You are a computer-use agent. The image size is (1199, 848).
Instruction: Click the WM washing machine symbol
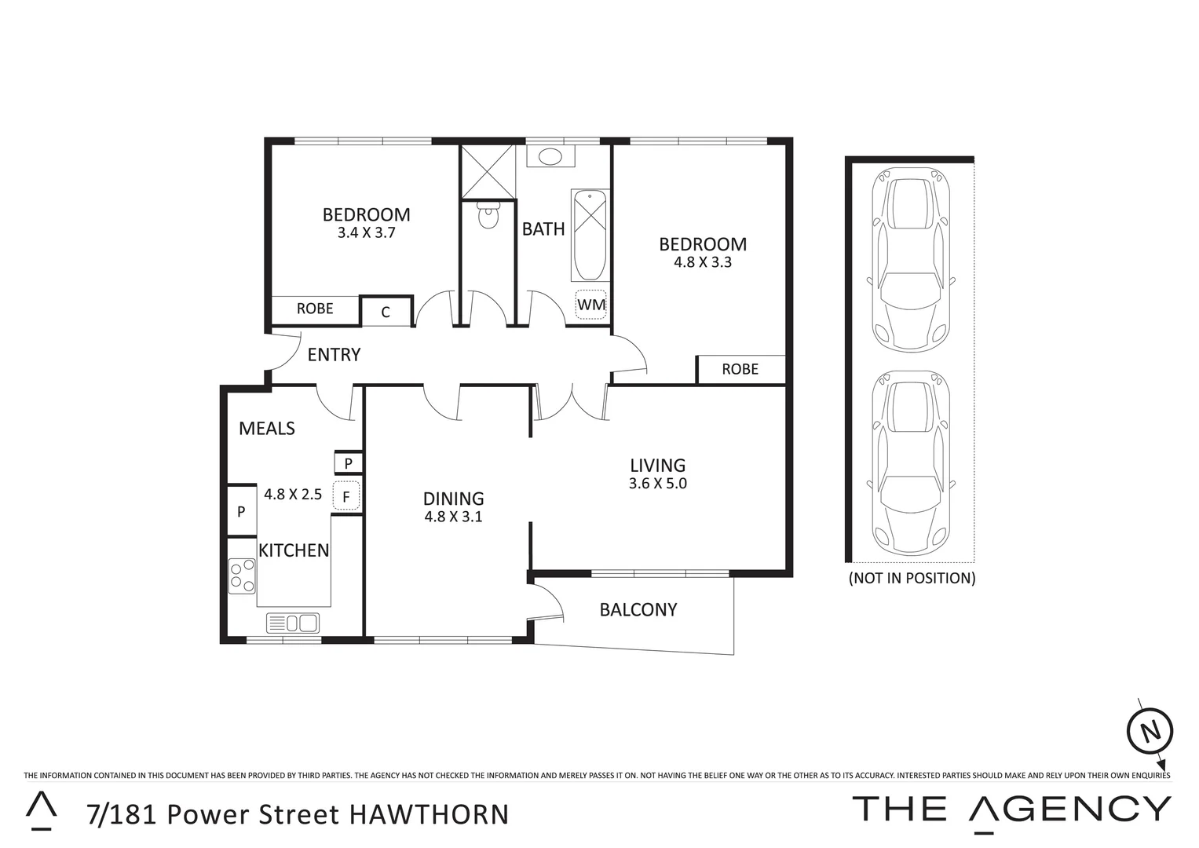591,305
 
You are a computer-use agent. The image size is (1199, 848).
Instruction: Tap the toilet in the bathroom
488,214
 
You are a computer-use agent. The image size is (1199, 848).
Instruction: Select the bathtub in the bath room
590,235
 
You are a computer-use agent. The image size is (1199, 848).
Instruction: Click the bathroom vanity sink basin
550,156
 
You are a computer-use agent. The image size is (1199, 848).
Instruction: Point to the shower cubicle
488,171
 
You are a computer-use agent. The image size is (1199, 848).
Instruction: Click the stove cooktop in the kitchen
242,576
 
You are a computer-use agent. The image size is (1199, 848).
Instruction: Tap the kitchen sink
293,623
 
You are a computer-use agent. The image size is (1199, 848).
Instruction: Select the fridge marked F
346,496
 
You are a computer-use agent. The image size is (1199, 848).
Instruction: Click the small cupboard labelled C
386,312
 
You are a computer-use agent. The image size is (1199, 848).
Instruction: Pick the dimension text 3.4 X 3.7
366,232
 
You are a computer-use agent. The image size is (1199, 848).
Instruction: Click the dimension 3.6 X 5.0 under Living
657,484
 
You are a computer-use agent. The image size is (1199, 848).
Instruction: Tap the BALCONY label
638,609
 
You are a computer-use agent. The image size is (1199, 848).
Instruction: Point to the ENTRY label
334,355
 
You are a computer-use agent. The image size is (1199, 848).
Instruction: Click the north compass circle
1150,732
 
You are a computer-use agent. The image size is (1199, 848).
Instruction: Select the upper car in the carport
910,263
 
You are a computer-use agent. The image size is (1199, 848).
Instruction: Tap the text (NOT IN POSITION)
912,579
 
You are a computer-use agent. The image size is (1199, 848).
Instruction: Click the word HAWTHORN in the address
429,814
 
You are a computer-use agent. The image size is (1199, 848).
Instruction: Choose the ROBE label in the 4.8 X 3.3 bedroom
740,369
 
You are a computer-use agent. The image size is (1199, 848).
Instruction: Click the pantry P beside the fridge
348,463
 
